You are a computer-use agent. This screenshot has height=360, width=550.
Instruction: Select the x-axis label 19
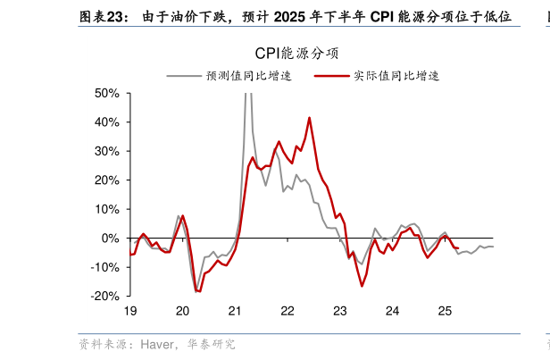click(129, 311)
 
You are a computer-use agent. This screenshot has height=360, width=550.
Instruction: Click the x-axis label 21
click(235, 311)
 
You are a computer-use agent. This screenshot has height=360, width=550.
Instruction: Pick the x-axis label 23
click(339, 311)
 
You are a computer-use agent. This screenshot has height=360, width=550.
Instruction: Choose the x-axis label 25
click(444, 311)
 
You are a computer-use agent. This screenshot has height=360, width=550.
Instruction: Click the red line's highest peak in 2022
click(309, 117)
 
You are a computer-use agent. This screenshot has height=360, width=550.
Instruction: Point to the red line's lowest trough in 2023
click(362, 286)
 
